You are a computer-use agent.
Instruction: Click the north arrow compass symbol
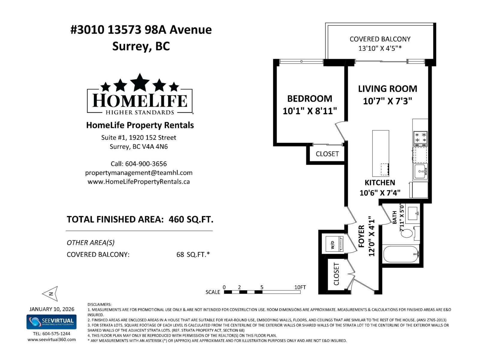50,294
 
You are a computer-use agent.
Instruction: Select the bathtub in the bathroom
401,254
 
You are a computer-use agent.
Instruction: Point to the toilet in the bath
407,233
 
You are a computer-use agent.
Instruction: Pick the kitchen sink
420,172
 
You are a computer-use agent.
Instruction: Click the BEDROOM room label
310,99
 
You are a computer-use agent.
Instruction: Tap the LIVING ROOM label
387,89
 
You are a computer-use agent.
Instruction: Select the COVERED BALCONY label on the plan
380,39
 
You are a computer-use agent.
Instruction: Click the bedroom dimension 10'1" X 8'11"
310,111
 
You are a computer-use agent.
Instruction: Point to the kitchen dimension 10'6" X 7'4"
380,193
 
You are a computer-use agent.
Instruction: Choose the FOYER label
361,236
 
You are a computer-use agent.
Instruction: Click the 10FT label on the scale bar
300,287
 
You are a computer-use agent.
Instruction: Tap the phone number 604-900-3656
146,164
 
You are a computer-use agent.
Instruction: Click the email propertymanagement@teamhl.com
139,173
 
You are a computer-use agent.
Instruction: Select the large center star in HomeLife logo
140,82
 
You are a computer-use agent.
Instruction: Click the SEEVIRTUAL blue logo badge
51,322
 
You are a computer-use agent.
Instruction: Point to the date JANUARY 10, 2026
52,309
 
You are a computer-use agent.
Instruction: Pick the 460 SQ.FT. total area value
191,220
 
